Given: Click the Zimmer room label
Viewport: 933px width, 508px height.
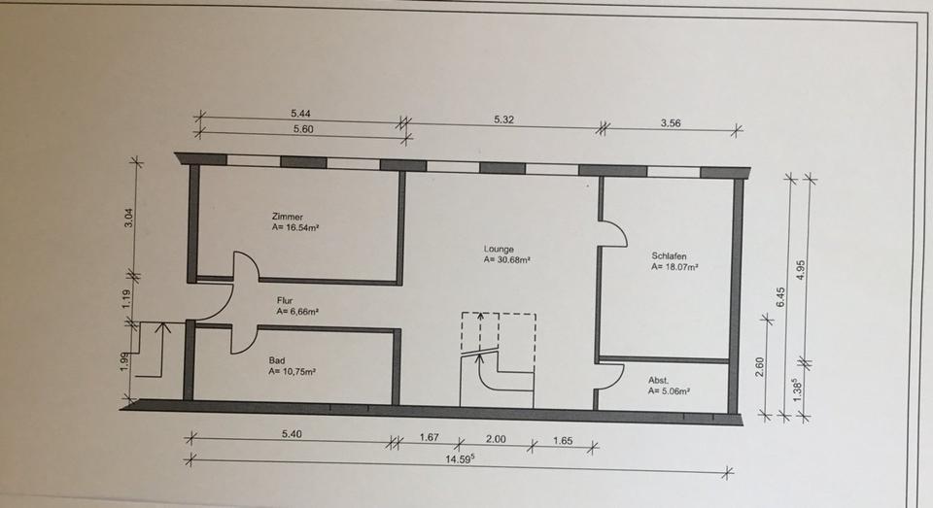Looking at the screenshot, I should (x=289, y=217).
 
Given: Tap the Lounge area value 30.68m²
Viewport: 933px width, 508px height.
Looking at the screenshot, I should (x=505, y=259).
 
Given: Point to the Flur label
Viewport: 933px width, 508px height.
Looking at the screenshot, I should (x=286, y=302).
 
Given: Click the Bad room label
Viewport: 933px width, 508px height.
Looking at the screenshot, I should (x=277, y=359).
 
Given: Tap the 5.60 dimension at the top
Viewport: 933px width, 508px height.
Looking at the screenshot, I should (x=302, y=128).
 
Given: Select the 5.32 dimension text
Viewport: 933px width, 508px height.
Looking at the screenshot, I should (x=503, y=119).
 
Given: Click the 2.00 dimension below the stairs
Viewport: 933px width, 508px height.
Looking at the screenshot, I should (x=496, y=439).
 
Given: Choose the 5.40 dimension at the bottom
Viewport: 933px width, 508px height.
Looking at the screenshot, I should (x=293, y=434).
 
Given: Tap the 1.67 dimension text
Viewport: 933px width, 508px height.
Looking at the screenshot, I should (x=429, y=437).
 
